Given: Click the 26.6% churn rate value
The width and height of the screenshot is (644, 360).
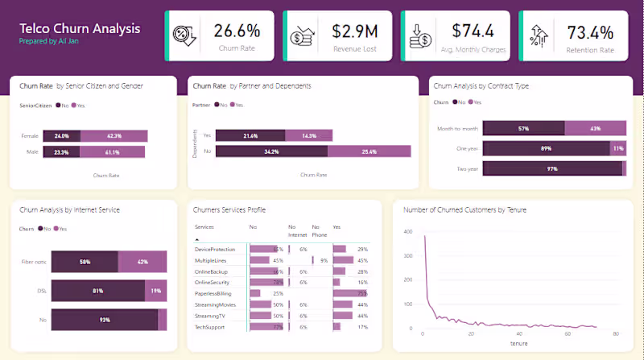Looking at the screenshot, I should pos(237,31).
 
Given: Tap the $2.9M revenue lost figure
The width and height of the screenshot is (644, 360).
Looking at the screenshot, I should pos(355,31).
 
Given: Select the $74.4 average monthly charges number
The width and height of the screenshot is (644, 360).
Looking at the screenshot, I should pos(473,31).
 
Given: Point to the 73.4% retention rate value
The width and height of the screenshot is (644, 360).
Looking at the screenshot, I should pos(590,32).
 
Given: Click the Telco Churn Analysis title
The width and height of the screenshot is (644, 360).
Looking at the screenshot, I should pos(80,28).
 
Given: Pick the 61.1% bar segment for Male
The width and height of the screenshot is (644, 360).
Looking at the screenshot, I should pos(113,151).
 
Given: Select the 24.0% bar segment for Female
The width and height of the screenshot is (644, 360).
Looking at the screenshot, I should pos(62,135).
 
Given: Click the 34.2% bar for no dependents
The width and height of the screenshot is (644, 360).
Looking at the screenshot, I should pos(272,151).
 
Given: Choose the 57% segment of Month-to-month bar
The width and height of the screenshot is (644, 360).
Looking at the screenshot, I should pos(523,128).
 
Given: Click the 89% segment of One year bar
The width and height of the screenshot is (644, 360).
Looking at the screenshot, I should pos(547,148).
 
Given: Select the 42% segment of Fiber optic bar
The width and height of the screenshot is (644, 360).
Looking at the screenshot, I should pos(142,262).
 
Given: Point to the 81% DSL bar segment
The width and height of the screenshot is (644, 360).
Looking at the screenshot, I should pos(97,290).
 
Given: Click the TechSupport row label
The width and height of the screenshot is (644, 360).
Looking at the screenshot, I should pos(211,327).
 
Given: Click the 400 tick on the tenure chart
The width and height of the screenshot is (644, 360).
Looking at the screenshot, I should pos(408,231).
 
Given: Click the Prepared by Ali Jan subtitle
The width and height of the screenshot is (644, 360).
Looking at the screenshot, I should pos(48,40).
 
